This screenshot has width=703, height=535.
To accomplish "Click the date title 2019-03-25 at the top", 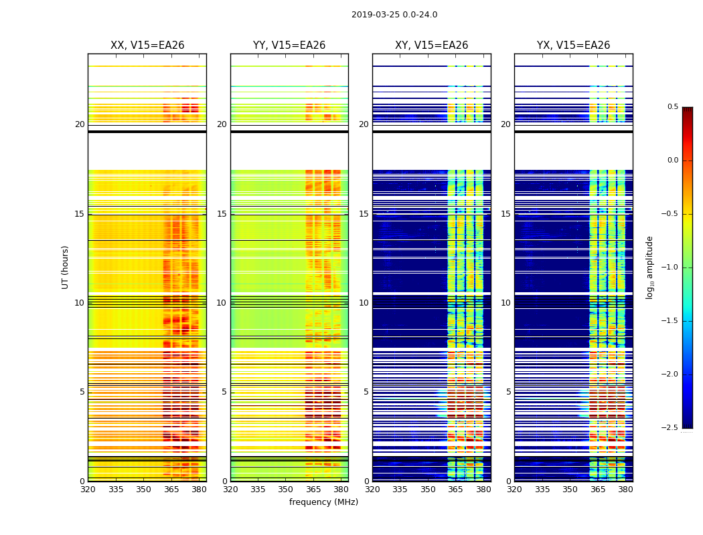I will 394,15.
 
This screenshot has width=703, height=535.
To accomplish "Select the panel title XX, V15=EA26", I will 147,45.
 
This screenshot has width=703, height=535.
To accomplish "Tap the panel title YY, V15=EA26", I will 289,45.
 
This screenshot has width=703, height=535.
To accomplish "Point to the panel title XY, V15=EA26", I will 432,45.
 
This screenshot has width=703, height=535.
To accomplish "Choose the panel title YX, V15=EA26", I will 574,45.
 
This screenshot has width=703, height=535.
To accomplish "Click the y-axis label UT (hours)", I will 66,267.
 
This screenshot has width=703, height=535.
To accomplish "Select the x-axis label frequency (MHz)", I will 323,502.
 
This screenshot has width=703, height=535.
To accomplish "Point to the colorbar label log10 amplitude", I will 649,267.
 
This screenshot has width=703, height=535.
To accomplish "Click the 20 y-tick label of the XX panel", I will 80,124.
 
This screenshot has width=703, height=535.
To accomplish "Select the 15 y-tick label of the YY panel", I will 222,214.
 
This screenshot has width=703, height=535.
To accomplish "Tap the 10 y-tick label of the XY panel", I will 364,303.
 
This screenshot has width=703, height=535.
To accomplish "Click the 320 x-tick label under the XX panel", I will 88,489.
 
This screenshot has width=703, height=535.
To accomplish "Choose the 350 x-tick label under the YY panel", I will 286,489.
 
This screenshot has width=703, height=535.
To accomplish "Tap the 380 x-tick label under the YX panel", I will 625,489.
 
